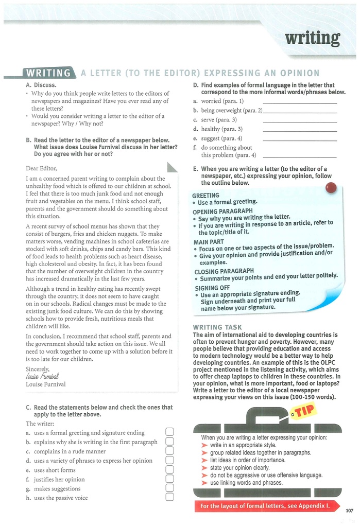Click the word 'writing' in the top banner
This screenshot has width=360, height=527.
pyautogui.click(x=313, y=38)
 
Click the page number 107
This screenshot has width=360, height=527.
pyautogui.click(x=350, y=510)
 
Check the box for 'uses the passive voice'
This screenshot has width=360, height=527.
pyautogui.click(x=170, y=498)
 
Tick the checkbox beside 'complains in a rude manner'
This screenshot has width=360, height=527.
pyautogui.click(x=170, y=451)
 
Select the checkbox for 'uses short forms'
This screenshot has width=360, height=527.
pyautogui.click(x=170, y=470)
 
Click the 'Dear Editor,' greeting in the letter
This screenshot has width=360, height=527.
pyautogui.click(x=41, y=168)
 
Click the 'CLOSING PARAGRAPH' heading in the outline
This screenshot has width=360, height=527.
pyautogui.click(x=224, y=271)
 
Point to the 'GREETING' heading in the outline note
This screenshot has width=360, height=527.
pyautogui.click(x=205, y=196)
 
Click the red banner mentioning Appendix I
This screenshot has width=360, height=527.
pyautogui.click(x=265, y=506)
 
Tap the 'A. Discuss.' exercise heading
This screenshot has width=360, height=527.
pyautogui.click(x=41, y=85)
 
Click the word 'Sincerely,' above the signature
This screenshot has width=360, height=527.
pyautogui.click(x=38, y=368)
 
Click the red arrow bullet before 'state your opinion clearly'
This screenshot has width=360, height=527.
pyautogui.click(x=205, y=467)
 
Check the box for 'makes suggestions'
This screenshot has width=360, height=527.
pyautogui.click(x=170, y=488)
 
